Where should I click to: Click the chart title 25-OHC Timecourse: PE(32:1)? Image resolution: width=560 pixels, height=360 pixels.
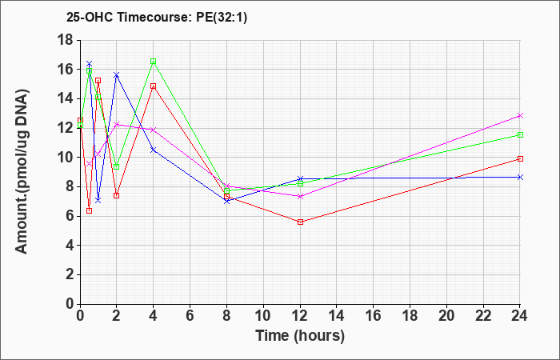click(157, 18)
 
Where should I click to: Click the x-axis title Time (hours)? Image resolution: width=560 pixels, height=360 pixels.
click(300, 336)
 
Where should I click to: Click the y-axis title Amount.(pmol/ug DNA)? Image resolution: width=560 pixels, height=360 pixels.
click(22, 171)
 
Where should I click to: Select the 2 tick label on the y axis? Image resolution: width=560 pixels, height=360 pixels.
click(70, 274)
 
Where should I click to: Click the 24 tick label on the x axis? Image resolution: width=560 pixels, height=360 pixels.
click(520, 315)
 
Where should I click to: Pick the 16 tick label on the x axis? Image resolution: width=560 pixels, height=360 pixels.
click(374, 315)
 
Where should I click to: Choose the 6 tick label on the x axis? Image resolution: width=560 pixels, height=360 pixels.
click(190, 315)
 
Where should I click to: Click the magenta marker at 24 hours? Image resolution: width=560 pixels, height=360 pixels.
click(520, 116)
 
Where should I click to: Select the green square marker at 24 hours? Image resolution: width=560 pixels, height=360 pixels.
click(520, 134)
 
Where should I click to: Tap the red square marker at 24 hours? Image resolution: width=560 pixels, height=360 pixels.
click(520, 158)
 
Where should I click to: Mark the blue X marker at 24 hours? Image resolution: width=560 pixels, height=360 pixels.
click(520, 177)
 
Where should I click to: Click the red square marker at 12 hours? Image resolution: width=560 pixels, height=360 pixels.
click(300, 222)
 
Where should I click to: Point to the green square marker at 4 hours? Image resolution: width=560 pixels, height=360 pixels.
click(154, 61)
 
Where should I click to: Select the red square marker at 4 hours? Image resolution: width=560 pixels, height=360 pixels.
click(154, 86)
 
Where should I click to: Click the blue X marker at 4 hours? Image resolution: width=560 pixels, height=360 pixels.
click(154, 150)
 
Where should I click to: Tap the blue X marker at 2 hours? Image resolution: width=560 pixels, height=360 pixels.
click(117, 75)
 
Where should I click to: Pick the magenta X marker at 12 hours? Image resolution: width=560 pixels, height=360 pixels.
click(300, 196)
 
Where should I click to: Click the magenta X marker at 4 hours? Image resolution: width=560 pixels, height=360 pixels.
click(154, 130)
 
